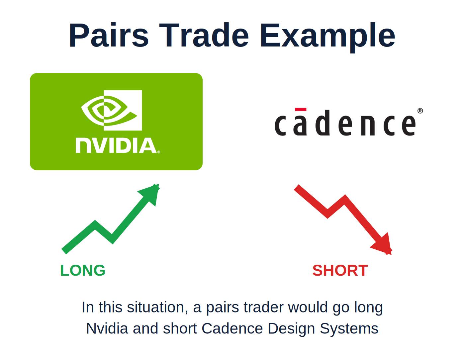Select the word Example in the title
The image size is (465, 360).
point(327,38)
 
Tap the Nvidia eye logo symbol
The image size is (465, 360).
point(112,110)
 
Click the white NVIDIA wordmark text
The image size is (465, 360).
point(118,146)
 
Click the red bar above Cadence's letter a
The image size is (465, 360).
point(301,110)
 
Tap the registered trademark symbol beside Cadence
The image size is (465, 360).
point(420,111)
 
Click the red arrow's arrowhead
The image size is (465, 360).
point(382,244)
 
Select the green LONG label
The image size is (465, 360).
point(83,271)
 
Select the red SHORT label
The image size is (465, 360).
point(340,271)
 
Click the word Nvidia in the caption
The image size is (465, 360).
point(107,328)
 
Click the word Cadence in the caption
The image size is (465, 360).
point(232,328)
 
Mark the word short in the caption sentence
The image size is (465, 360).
point(180,328)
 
